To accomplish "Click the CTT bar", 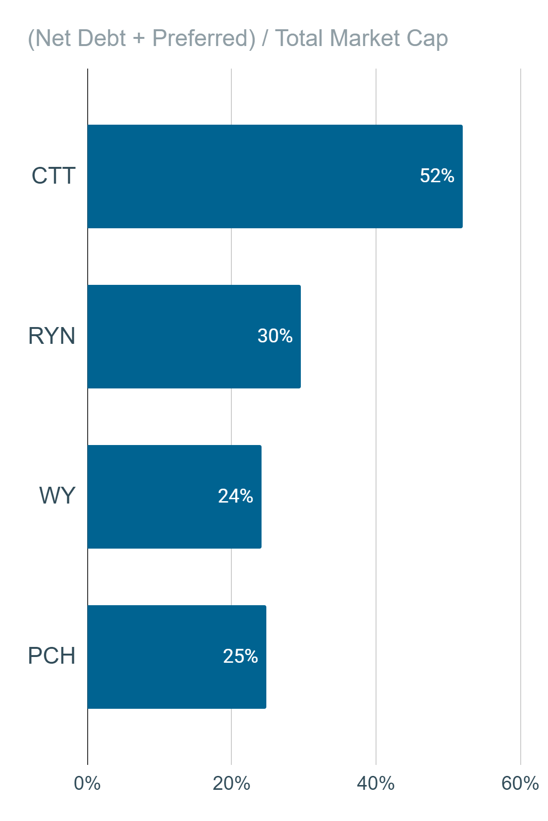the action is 275,176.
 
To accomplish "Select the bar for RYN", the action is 194,337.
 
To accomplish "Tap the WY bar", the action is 175,497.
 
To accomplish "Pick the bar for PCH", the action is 177,657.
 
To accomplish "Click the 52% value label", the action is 437,176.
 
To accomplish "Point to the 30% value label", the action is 275,336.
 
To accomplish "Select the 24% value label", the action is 235,496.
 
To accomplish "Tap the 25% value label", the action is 240,656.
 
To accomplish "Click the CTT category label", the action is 54,176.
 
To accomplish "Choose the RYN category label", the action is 52,336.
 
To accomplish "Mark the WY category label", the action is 57,496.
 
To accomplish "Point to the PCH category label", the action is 52,656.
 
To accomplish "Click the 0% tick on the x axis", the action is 87,784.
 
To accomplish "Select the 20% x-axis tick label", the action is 231,784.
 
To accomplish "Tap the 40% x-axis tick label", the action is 376,784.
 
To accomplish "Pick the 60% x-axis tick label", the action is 520,784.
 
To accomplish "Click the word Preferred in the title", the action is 204,38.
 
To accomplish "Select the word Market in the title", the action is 365,38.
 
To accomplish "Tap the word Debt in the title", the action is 102,38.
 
